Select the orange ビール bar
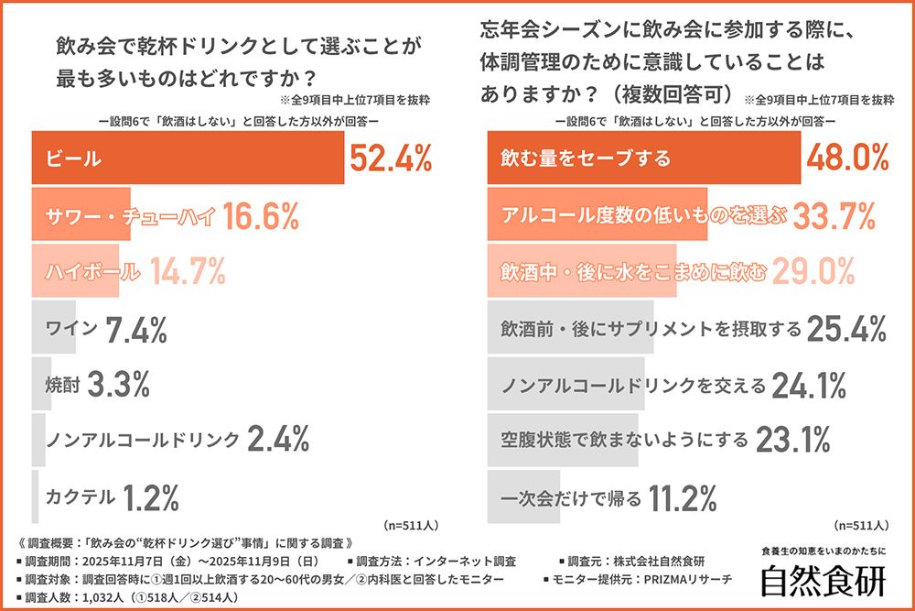[x=188, y=158]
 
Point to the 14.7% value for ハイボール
[x=187, y=271]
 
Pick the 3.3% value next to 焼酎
[x=118, y=384]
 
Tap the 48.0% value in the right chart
[x=848, y=158]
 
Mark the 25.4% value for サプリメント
[x=848, y=327]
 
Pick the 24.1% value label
[x=809, y=386]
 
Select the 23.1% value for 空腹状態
[x=791, y=442]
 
